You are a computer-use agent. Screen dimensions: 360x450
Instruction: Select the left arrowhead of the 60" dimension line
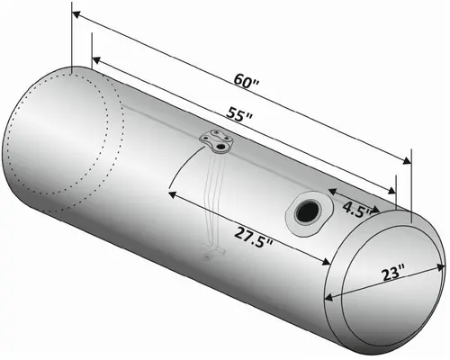click(75, 14)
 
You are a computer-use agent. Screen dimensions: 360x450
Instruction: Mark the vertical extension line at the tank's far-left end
click(70, 40)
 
